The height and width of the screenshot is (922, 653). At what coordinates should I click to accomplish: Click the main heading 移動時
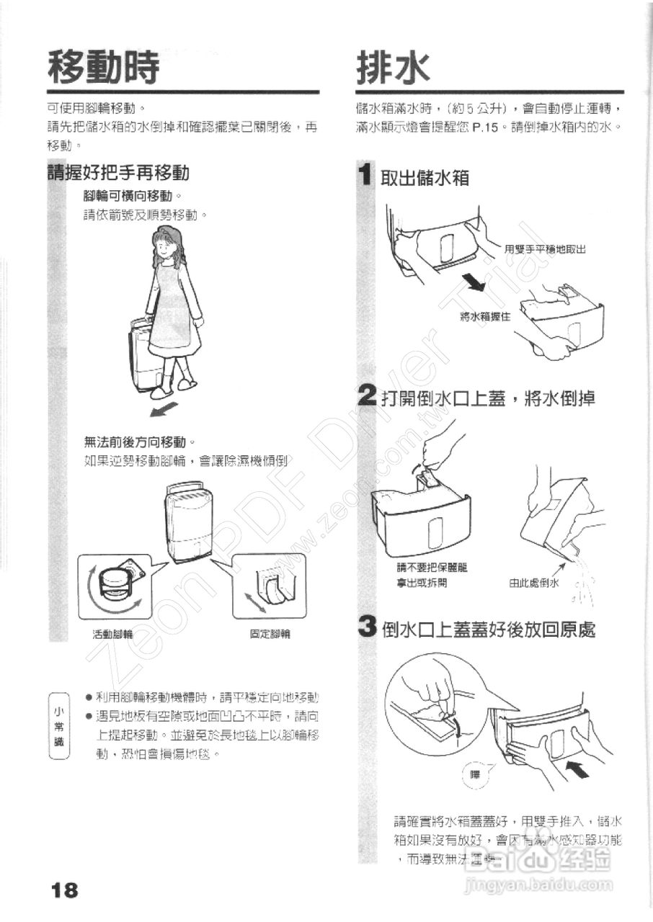click(102, 68)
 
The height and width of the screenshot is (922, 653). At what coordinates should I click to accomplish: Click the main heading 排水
click(393, 68)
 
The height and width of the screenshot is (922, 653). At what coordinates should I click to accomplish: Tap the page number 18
click(65, 890)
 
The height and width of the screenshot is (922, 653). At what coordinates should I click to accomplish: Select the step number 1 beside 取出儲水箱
click(367, 175)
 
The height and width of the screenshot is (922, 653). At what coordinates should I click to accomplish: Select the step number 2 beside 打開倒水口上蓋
click(368, 397)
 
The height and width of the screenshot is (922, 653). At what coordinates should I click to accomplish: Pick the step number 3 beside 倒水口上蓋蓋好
click(368, 629)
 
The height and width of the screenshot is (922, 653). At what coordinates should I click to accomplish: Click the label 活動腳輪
click(112, 635)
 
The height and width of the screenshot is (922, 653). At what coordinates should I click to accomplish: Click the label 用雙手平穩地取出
click(544, 249)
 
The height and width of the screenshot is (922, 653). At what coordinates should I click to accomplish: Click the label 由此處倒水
click(534, 583)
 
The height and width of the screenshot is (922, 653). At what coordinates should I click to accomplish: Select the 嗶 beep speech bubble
click(474, 775)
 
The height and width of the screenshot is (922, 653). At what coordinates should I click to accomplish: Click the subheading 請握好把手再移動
click(117, 173)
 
